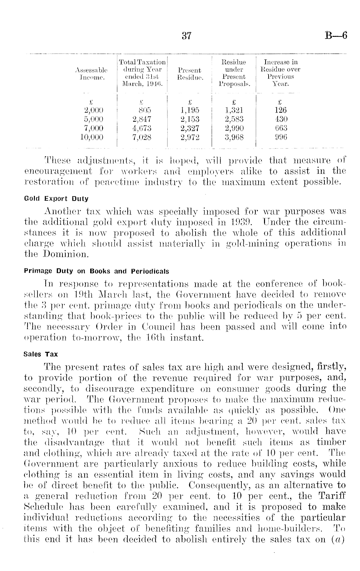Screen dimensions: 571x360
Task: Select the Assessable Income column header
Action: [x=91, y=73]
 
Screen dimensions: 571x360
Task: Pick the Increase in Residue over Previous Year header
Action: [x=280, y=73]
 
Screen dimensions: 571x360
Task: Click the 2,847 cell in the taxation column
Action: [x=142, y=119]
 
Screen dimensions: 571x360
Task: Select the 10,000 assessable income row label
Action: [x=91, y=137]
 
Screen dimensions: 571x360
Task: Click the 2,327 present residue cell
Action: [x=190, y=128]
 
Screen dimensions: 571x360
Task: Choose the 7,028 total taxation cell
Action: [x=142, y=137]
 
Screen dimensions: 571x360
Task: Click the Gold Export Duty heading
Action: [x=56, y=199]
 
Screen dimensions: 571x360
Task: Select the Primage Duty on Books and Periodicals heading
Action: [x=97, y=271]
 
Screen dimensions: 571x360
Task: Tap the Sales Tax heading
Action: [x=41, y=354]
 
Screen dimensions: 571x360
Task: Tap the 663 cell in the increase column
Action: [x=280, y=128]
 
